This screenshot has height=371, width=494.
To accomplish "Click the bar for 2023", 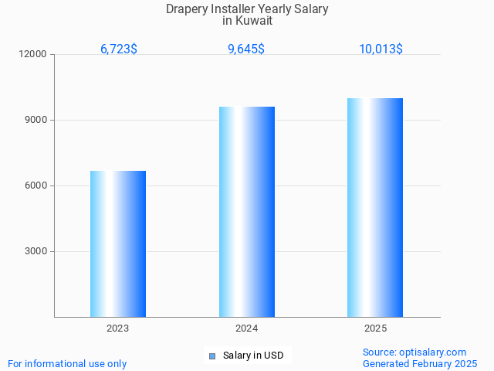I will tap(118, 243).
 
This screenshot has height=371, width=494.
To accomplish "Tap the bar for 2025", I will tap(375, 207).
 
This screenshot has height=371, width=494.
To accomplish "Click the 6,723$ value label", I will tap(119, 49).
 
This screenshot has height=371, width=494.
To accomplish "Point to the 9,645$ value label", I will tap(246, 49).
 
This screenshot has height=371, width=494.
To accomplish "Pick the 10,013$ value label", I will tap(381, 49).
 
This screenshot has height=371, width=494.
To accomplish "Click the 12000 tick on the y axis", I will tap(34, 55).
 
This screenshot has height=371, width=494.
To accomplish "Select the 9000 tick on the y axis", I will tap(36, 121).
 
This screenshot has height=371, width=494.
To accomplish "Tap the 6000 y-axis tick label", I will tap(36, 186).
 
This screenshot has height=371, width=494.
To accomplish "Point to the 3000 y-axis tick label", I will tap(36, 252).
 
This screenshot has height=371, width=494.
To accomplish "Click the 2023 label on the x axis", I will tap(118, 329).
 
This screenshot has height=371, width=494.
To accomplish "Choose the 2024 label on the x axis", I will tap(247, 329).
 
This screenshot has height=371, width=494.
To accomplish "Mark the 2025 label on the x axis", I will tap(375, 329).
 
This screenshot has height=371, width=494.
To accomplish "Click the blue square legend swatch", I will tap(212, 356).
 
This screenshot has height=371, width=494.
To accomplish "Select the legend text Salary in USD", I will tap(253, 356).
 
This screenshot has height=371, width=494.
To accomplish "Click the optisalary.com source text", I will tap(433, 352).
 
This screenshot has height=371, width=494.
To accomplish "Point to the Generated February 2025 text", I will tap(420, 363).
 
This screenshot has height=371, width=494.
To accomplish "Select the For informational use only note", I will tap(67, 363).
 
